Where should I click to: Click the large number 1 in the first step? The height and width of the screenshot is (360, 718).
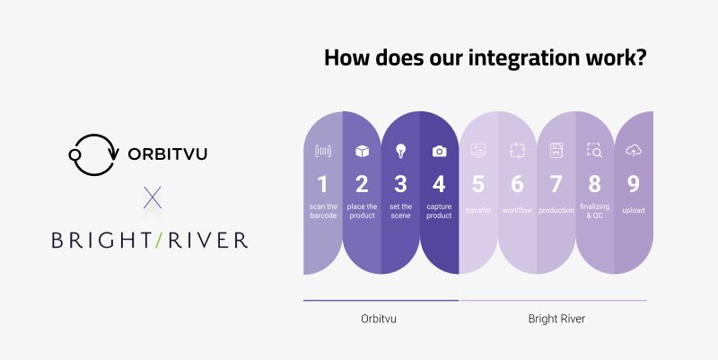(x=322, y=184)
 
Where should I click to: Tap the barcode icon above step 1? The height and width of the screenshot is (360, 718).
(x=322, y=152)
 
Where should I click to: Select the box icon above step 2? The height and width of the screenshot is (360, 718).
(x=362, y=152)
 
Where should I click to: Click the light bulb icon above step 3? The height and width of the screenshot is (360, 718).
(x=400, y=152)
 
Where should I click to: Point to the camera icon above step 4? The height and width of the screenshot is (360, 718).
(x=439, y=152)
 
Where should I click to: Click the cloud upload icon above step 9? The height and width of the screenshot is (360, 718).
(x=634, y=151)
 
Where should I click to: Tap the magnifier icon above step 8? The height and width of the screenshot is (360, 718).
(x=594, y=151)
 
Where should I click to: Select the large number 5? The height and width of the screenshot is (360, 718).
(x=477, y=184)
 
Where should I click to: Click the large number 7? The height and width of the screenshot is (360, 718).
(x=556, y=184)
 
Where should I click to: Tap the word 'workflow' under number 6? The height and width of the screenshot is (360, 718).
(x=517, y=210)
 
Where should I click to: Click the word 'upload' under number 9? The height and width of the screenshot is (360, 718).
(x=634, y=210)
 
